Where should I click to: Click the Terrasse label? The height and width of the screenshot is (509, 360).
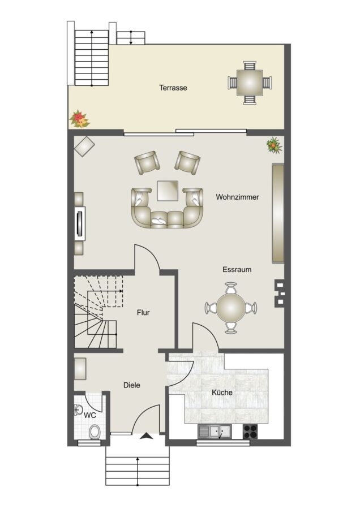click(x=173, y=88)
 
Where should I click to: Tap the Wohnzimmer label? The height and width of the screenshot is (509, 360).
click(x=237, y=197)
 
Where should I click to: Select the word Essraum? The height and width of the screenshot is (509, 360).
click(x=237, y=269)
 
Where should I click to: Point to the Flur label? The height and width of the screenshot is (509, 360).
click(x=143, y=313)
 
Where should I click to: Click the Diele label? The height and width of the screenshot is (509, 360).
click(x=132, y=385)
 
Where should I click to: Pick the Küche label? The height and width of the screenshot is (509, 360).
click(x=222, y=392)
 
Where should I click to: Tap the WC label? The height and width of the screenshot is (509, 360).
click(x=89, y=415)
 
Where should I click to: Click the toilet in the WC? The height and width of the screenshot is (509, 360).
click(x=95, y=432)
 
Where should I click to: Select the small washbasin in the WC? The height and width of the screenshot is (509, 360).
click(x=78, y=410)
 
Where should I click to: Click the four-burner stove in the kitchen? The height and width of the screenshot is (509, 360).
click(x=250, y=432)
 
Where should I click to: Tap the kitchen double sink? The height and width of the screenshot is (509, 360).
click(x=215, y=432)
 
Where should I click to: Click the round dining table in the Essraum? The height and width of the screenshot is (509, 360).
click(x=231, y=308)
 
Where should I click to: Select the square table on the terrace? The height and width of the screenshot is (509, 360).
click(x=250, y=83)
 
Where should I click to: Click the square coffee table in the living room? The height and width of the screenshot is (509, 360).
click(x=168, y=191)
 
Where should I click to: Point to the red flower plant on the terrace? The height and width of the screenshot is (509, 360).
click(x=79, y=119)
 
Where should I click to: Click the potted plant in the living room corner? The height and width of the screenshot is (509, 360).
click(x=274, y=145)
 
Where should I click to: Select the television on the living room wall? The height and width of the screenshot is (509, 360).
click(x=80, y=223)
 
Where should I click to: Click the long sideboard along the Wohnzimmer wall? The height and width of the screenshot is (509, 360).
click(x=278, y=213)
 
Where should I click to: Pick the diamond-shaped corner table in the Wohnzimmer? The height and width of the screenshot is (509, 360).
click(x=84, y=146)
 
